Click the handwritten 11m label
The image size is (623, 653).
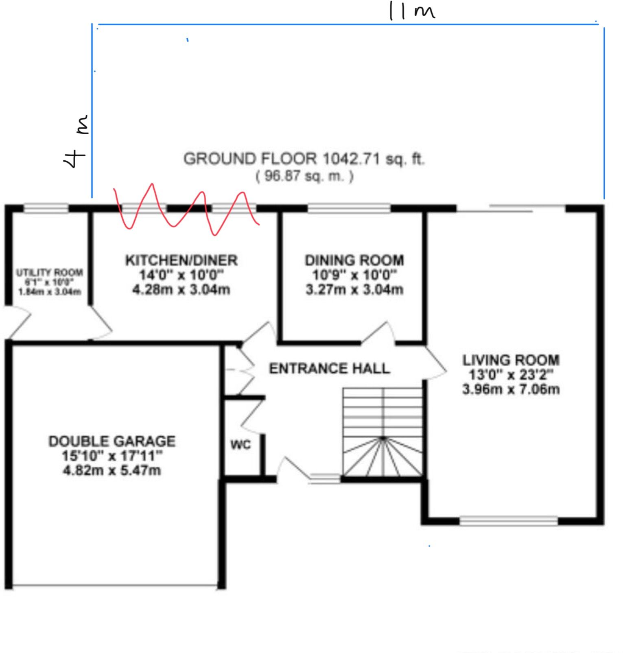[411, 11]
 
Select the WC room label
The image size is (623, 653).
[240, 445]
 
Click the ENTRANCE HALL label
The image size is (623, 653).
[330, 369]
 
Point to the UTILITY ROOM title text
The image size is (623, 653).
[50, 273]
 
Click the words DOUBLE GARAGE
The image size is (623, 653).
[112, 441]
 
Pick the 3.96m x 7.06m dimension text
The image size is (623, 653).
[511, 389]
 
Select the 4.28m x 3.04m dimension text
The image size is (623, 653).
[181, 290]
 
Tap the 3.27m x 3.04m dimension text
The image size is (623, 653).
[354, 290]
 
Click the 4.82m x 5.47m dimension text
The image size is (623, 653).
[112, 471]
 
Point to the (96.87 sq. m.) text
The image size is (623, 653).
[305, 176]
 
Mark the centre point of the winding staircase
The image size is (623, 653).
[383, 438]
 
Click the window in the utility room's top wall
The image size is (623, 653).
[46, 208]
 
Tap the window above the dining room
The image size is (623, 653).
[349, 208]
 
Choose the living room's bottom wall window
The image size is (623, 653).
[509, 521]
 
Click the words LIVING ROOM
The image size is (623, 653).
[511, 360]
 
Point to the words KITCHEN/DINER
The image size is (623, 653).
[181, 260]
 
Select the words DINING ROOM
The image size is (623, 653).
[354, 260]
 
